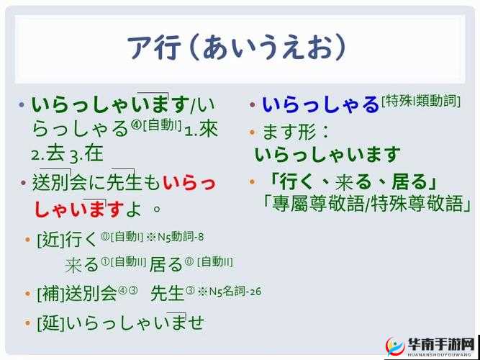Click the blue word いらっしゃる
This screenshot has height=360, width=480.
coord(320,105)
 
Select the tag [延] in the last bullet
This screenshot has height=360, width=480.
coord(50,323)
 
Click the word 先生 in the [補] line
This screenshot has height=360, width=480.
coord(168,293)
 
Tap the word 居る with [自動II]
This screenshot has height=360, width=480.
coord(166,264)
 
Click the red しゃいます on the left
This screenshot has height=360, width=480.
coord(79,210)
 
